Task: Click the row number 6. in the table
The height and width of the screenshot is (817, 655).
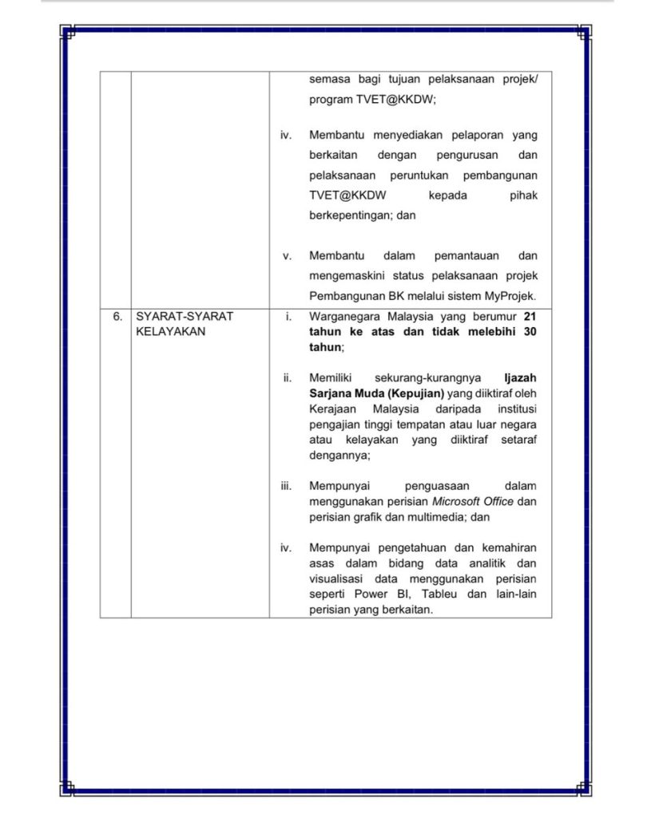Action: (x=117, y=316)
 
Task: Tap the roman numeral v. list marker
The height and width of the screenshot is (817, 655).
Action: (x=287, y=256)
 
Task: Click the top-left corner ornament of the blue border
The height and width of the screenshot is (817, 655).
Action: (x=68, y=33)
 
